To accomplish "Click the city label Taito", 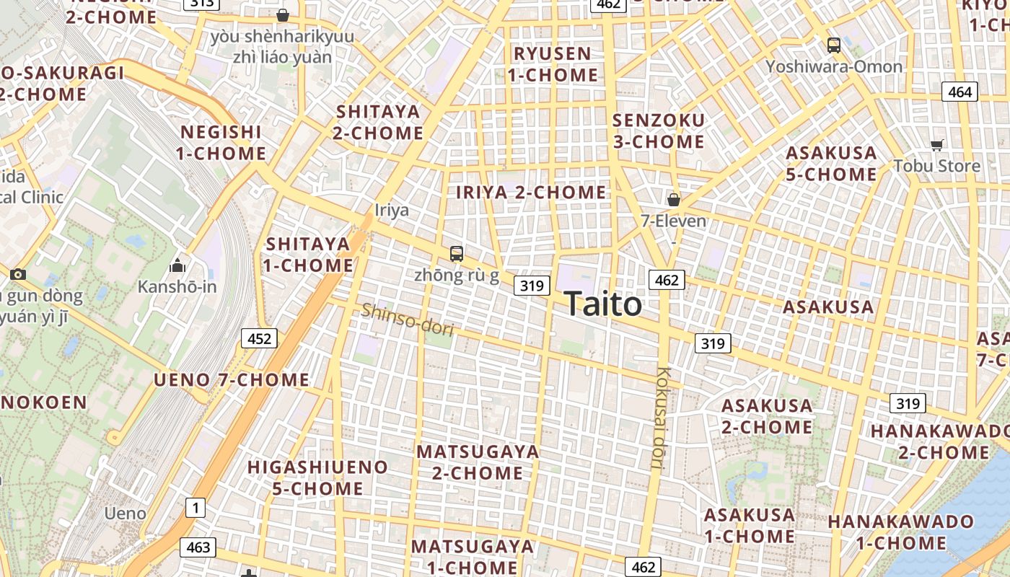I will coord(602,304).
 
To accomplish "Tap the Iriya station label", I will coord(392,210).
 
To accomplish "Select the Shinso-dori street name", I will coord(408,320).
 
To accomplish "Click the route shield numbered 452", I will coord(259,338).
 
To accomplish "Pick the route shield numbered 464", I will coord(959,92).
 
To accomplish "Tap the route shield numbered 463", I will coord(198,547).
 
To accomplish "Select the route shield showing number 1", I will coord(195,508).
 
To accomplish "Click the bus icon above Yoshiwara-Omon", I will coord(834,45).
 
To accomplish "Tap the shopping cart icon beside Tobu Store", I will coord(936,146).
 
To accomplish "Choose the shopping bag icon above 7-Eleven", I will coord(674,200).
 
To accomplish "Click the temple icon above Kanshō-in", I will coord(177,266).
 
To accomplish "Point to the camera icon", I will coord(18,274).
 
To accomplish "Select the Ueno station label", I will coord(125,514).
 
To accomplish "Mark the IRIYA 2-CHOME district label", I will coord(531,193).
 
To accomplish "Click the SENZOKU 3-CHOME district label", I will coord(658,131).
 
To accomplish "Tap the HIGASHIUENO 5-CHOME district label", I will coord(317,477).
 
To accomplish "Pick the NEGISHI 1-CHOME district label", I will coord(221,143).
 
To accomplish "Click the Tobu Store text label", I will coord(936,166).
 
